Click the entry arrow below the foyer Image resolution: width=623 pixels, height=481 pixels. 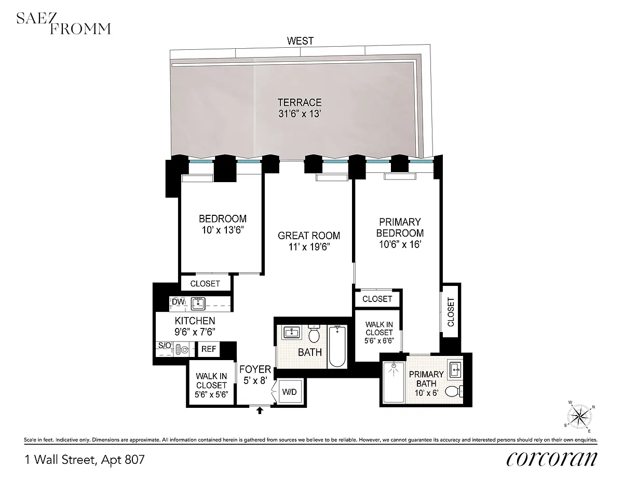[260, 410]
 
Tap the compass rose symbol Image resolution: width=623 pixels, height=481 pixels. [580, 416]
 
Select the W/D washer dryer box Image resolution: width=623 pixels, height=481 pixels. [289, 392]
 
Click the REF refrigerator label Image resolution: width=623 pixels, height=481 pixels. [209, 349]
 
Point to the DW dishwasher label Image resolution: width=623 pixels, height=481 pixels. [178, 301]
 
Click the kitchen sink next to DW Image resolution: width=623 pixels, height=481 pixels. [198, 304]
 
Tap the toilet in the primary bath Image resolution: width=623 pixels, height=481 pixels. [454, 392]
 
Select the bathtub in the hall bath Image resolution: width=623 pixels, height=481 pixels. [337, 346]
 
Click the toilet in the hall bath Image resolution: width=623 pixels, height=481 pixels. [314, 334]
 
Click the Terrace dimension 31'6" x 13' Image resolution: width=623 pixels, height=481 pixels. [300, 114]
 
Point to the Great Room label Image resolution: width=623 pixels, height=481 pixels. [309, 236]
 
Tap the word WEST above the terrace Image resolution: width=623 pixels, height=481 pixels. [300, 41]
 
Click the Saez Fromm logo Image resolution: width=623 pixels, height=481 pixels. [63, 23]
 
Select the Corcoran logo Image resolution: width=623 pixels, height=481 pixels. [551, 459]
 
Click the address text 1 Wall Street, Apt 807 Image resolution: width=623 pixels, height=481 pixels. [85, 460]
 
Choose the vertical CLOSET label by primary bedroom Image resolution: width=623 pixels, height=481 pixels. [451, 312]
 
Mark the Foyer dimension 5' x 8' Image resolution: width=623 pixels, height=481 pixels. [255, 380]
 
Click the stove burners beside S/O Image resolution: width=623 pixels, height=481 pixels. [181, 349]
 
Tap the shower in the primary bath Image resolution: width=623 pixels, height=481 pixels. [394, 382]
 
